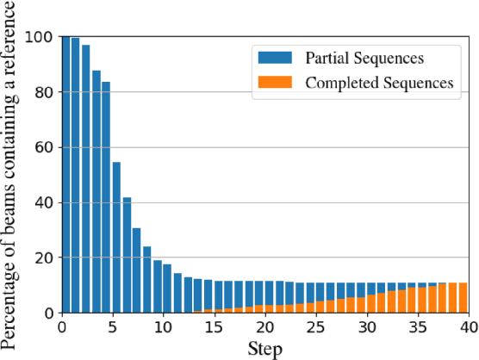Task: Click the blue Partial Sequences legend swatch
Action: (276, 59)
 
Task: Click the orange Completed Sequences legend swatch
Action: (276, 84)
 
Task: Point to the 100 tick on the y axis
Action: (40, 37)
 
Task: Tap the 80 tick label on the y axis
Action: (44, 92)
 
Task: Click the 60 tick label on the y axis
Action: (44, 147)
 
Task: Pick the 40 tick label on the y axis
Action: (44, 202)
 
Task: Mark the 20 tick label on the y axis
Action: (44, 258)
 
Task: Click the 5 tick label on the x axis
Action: (113, 328)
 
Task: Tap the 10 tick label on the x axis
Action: (164, 328)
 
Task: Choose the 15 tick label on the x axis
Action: (215, 328)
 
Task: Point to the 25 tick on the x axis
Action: (316, 328)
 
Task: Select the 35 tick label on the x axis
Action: (418, 328)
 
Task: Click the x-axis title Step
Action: (264, 349)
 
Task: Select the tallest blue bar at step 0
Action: (66, 172)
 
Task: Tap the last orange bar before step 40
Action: (463, 297)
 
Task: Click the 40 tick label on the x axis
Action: (469, 328)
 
